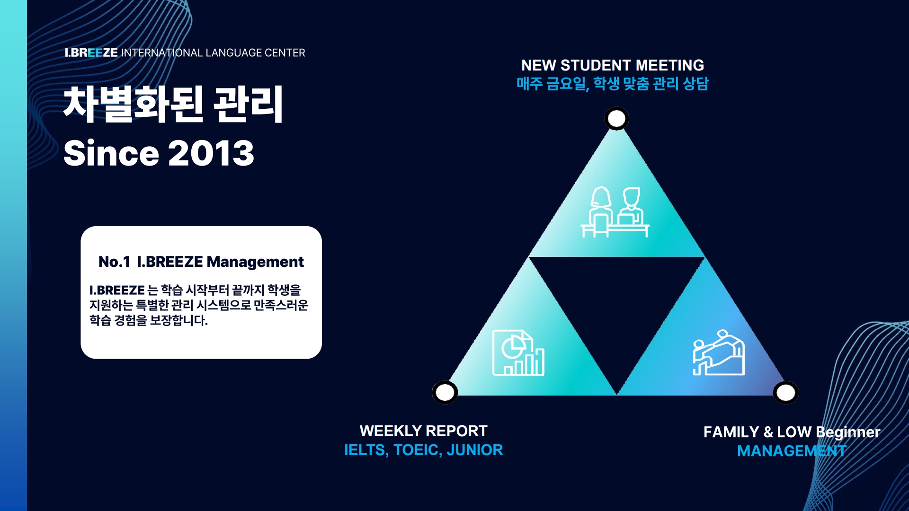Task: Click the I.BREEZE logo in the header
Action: pyautogui.click(x=91, y=53)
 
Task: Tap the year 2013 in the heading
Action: pyautogui.click(x=211, y=153)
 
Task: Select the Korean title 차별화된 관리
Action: pyautogui.click(x=173, y=104)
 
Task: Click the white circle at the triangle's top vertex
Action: pyautogui.click(x=616, y=118)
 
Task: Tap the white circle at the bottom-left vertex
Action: pyautogui.click(x=445, y=392)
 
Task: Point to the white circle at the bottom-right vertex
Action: pyautogui.click(x=786, y=392)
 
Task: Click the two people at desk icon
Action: pyautogui.click(x=615, y=212)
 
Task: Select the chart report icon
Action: pyautogui.click(x=518, y=353)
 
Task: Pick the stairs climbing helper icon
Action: pyautogui.click(x=719, y=353)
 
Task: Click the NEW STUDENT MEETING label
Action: pyautogui.click(x=613, y=65)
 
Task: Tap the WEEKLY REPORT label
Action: pyautogui.click(x=424, y=431)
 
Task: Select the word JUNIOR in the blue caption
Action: pyautogui.click(x=475, y=450)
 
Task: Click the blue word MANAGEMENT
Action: pyautogui.click(x=792, y=451)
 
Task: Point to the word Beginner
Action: pyautogui.click(x=848, y=432)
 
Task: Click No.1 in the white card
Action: pyautogui.click(x=114, y=262)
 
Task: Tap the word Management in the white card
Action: pyautogui.click(x=255, y=262)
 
